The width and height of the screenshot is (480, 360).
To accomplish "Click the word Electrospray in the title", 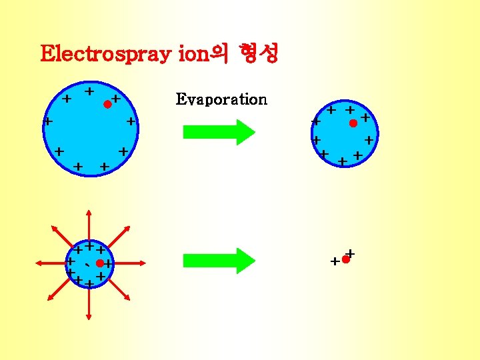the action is [107, 53].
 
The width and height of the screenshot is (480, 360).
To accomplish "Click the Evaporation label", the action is [221, 99].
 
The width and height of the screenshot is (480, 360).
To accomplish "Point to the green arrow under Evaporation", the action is [219, 131].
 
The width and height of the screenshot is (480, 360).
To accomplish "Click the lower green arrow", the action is [219, 260].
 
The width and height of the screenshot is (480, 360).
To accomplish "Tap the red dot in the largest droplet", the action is [107, 104].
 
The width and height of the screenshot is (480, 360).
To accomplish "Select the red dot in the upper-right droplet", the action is [353, 123].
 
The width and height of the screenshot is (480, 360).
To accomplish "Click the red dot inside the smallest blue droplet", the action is [99, 263].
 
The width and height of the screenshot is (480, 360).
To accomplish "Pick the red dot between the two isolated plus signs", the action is [345, 259].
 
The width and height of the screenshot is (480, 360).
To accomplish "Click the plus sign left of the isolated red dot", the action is [335, 262].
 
